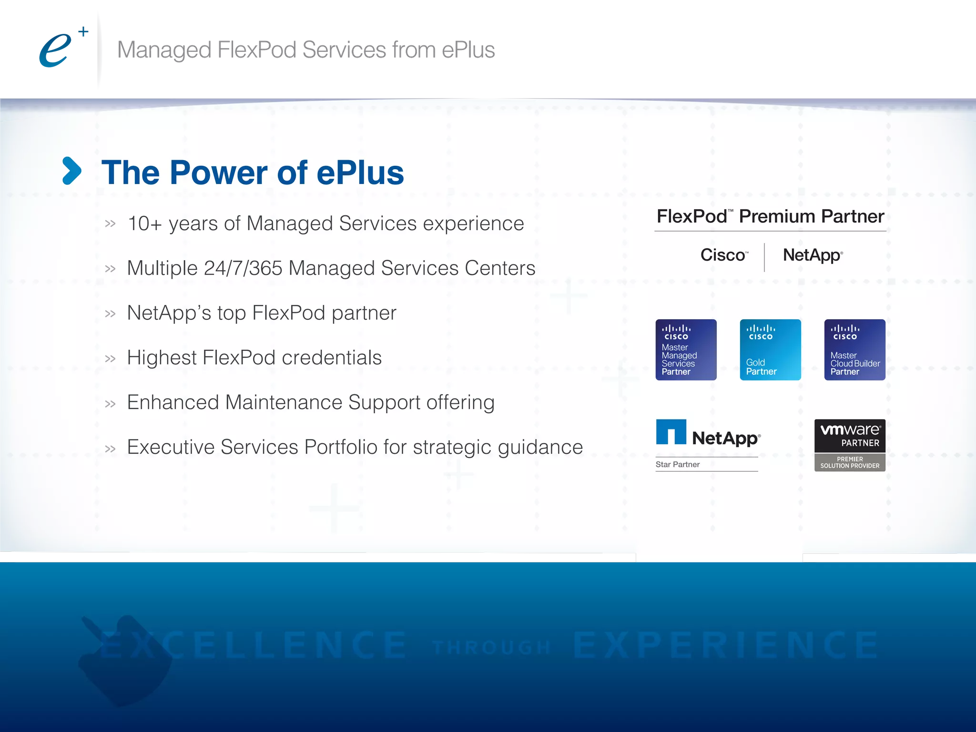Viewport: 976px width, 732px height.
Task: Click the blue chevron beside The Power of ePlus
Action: tap(72, 171)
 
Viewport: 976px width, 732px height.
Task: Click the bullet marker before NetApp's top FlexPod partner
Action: tap(110, 314)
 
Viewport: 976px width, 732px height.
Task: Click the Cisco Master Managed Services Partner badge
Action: tap(686, 350)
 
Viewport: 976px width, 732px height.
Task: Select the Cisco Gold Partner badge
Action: tap(770, 350)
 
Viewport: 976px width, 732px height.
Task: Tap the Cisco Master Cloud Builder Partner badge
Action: tap(854, 350)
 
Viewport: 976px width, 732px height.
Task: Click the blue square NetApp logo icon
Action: tap(671, 432)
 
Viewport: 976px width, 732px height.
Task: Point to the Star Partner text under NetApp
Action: tap(677, 465)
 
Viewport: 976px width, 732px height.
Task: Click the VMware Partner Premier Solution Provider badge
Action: tap(850, 445)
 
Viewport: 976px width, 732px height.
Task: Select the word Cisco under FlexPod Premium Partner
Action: tap(722, 255)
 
